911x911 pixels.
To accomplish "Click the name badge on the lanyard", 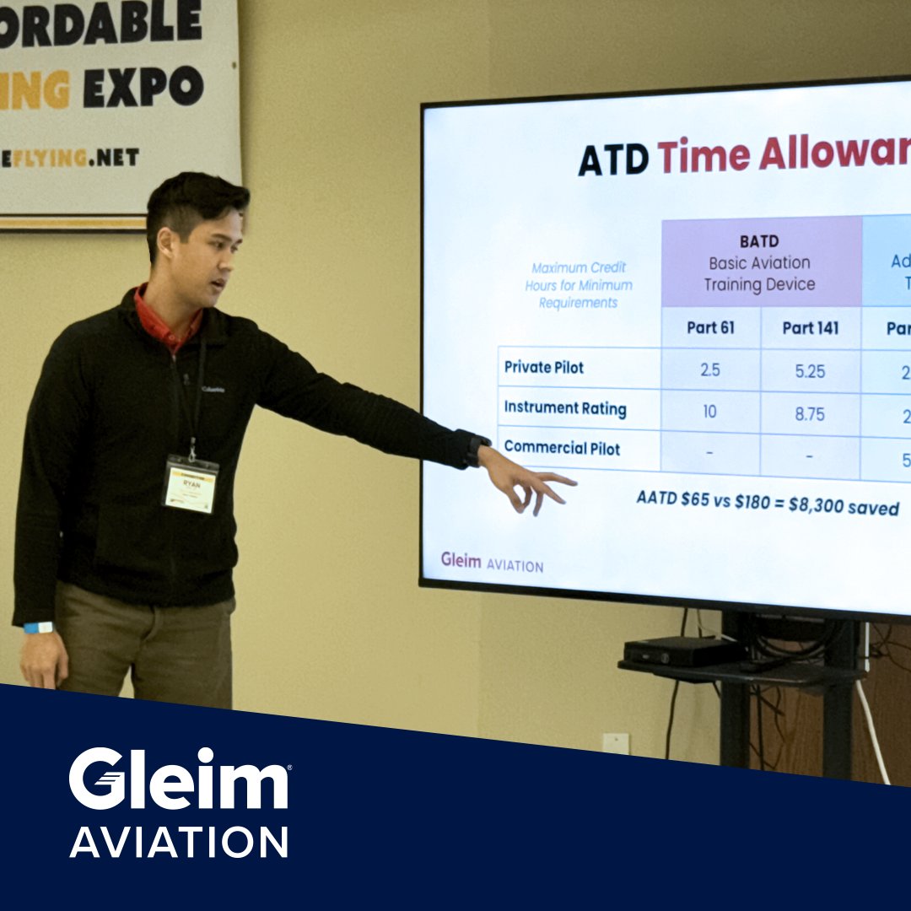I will (190, 484).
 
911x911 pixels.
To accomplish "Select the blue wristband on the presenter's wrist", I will (38, 628).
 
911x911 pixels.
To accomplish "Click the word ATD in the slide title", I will (612, 158).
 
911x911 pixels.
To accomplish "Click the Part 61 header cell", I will (710, 327).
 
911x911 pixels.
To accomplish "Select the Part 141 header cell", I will (810, 328).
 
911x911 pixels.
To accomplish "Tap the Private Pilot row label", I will (544, 368).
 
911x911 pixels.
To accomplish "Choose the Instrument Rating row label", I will (565, 408).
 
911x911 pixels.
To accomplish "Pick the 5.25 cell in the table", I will (810, 371).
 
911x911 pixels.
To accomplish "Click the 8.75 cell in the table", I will (810, 414).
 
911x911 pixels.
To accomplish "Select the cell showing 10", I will (709, 412).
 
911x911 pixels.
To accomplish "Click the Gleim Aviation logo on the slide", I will (492, 563).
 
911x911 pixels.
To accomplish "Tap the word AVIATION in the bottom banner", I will (179, 842).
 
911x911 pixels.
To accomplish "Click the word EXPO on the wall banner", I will (143, 87).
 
